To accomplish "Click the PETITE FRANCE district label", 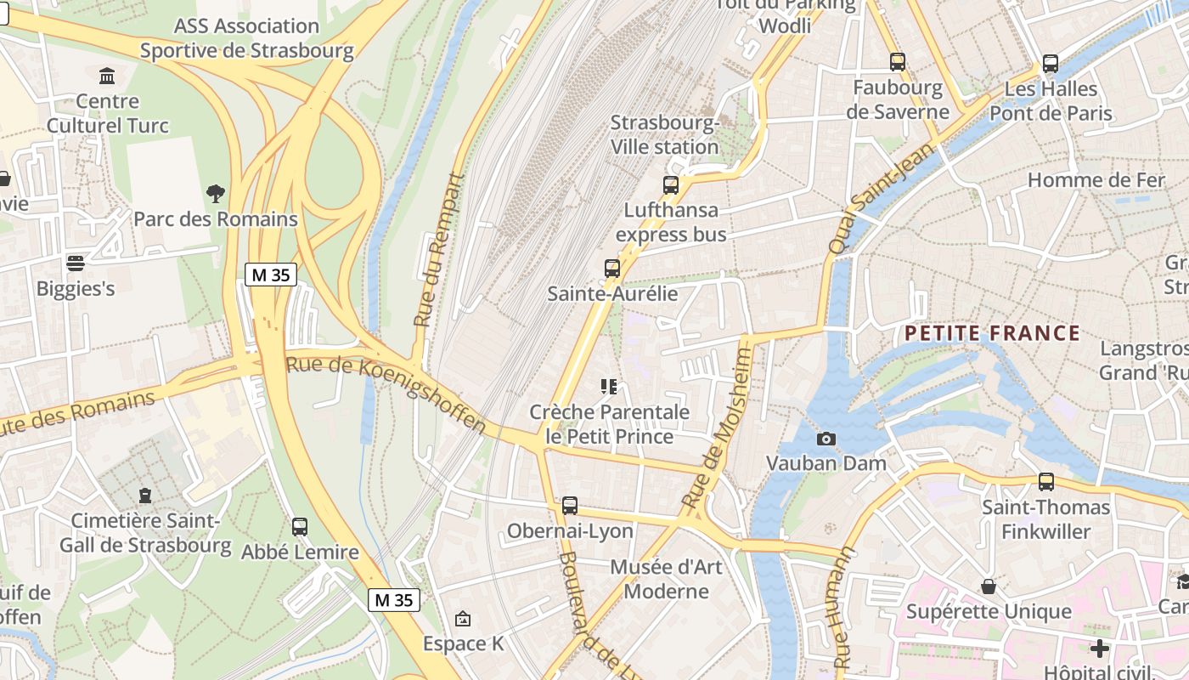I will click(x=992, y=333).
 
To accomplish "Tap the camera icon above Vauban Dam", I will click(x=826, y=439).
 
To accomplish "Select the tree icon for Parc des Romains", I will click(x=216, y=194).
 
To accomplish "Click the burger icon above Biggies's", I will click(x=76, y=263).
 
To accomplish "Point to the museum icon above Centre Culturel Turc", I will click(x=107, y=77).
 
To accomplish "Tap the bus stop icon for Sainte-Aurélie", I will click(x=612, y=269).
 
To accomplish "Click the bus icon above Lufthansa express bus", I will click(x=671, y=184).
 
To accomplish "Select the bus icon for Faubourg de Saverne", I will click(x=898, y=62).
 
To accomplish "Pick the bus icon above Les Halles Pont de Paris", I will click(x=1051, y=64).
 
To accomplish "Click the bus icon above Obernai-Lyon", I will click(x=570, y=506).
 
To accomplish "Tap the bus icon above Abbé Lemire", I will click(x=300, y=527).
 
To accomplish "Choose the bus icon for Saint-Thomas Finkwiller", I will click(x=1046, y=482).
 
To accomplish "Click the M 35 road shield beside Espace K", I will click(x=394, y=600).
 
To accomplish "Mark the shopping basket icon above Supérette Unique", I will click(x=989, y=586).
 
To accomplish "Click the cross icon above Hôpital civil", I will click(x=1100, y=649).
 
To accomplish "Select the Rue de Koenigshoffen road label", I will click(x=386, y=394).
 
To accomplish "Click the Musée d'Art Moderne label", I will click(x=667, y=579).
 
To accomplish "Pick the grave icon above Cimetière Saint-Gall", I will click(x=145, y=495).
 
